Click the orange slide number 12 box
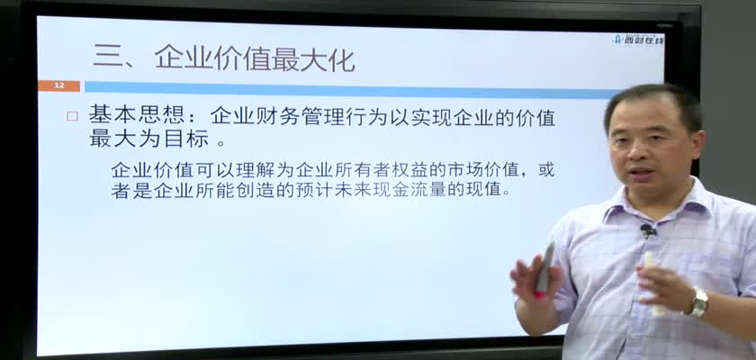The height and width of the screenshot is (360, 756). (x=58, y=85)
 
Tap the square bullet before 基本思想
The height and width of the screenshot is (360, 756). (x=72, y=116)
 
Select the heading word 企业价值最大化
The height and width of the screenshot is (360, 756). (x=255, y=59)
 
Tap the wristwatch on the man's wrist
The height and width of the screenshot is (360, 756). (x=697, y=302)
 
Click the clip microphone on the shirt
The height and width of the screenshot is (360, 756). (x=648, y=230)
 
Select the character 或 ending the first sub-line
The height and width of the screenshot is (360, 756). (x=546, y=170)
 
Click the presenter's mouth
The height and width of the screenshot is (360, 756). (x=641, y=173)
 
